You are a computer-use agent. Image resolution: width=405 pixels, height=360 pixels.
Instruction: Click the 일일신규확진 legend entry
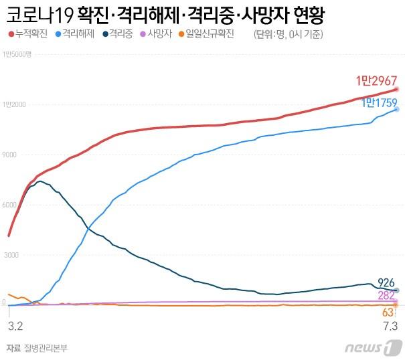pyautogui.click(x=210, y=33)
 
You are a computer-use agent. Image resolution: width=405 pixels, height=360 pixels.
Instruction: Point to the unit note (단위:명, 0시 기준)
pyautogui.click(x=292, y=34)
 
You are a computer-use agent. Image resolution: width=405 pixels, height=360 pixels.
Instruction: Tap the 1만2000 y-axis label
pyautogui.click(x=14, y=104)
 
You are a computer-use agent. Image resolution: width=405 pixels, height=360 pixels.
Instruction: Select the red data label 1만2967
pyautogui.click(x=375, y=82)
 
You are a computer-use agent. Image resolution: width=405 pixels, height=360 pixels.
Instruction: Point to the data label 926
pyautogui.click(x=386, y=283)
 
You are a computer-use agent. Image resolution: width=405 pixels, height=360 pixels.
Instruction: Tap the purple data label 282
pyautogui.click(x=386, y=296)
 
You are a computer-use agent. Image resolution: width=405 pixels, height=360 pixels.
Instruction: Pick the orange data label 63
pyautogui.click(x=388, y=312)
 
